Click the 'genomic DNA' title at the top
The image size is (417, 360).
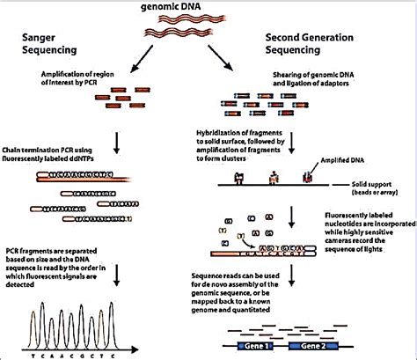point(208,9)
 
